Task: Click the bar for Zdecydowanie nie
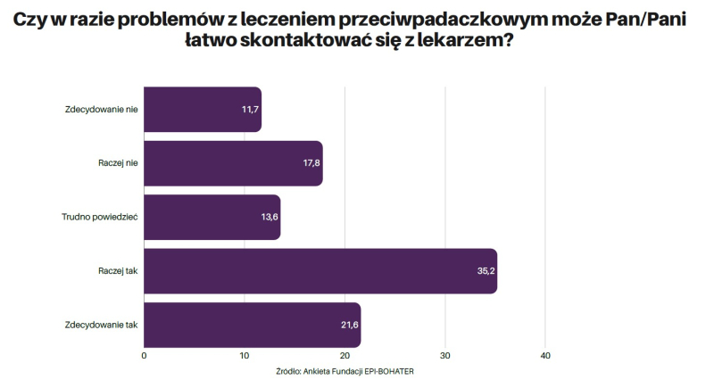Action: pos(201,110)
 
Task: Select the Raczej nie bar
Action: pos(232,163)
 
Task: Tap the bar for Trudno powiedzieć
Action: pos(211,217)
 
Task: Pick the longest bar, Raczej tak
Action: pos(319,271)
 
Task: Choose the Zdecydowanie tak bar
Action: pos(251,325)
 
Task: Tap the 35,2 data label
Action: pos(486,271)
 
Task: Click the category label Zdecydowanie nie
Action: pos(102,110)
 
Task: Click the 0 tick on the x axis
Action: pos(144,356)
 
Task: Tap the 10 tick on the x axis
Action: pos(244,356)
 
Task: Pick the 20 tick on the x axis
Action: pos(345,356)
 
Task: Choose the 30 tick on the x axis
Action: pos(444,356)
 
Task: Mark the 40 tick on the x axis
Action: pos(545,356)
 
